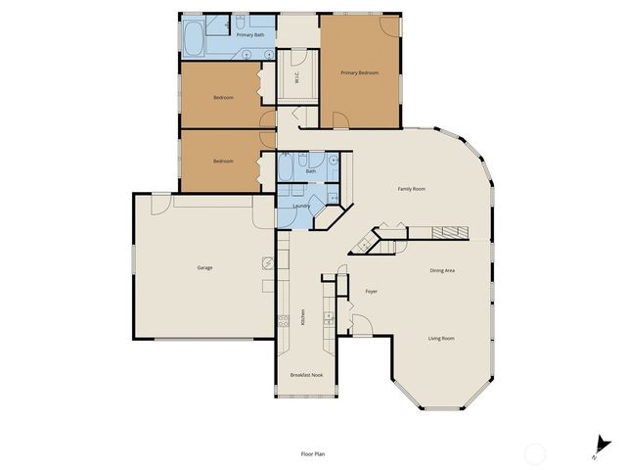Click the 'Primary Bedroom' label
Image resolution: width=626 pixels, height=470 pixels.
pyautogui.click(x=359, y=73)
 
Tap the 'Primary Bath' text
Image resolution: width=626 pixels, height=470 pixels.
pyautogui.click(x=251, y=35)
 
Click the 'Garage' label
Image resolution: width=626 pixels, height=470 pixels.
pyautogui.click(x=204, y=267)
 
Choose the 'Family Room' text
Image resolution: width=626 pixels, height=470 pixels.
pyautogui.click(x=411, y=188)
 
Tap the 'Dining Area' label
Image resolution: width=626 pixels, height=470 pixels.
pyautogui.click(x=443, y=270)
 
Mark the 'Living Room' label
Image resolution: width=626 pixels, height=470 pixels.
pyautogui.click(x=441, y=339)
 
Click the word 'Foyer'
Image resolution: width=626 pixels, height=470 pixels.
pyautogui.click(x=372, y=292)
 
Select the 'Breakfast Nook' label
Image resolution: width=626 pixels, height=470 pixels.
pyautogui.click(x=306, y=375)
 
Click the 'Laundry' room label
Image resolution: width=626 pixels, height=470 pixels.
pyautogui.click(x=301, y=206)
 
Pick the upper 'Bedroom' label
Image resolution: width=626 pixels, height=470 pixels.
pyautogui.click(x=223, y=97)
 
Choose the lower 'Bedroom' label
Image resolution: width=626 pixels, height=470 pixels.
pyautogui.click(x=223, y=162)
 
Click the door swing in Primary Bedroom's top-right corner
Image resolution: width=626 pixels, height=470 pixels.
pyautogui.click(x=390, y=24)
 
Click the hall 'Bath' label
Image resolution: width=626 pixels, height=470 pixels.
pyautogui.click(x=311, y=171)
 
